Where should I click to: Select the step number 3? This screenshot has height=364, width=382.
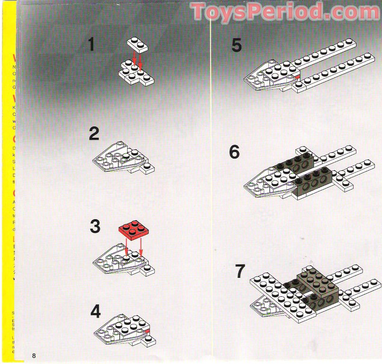click(x=95, y=227)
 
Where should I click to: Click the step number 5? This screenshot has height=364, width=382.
click(x=236, y=46)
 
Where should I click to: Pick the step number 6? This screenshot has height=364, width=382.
click(x=234, y=152)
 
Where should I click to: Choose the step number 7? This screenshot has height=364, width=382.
click(x=240, y=272)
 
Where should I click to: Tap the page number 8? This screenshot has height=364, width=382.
click(x=34, y=355)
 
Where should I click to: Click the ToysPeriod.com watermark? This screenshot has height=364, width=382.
click(x=285, y=11)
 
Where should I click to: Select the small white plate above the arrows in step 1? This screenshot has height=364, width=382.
click(x=137, y=44)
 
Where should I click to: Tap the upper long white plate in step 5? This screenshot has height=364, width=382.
click(x=327, y=53)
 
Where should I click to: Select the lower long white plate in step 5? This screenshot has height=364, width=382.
click(x=334, y=71)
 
